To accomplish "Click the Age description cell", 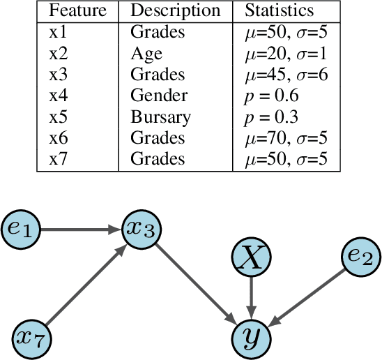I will point(146,53).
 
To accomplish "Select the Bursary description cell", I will point(160,117).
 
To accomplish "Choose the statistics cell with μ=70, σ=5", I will point(286,138).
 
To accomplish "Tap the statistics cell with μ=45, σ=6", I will point(286,75).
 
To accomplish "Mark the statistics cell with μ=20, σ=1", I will point(286,53).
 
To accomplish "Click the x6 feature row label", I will point(59,138).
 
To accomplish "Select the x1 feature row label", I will point(59,32).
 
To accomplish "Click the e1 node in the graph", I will point(22,227).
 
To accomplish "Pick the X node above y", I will point(252,259).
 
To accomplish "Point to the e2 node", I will point(361,257).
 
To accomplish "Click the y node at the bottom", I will point(252,337).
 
